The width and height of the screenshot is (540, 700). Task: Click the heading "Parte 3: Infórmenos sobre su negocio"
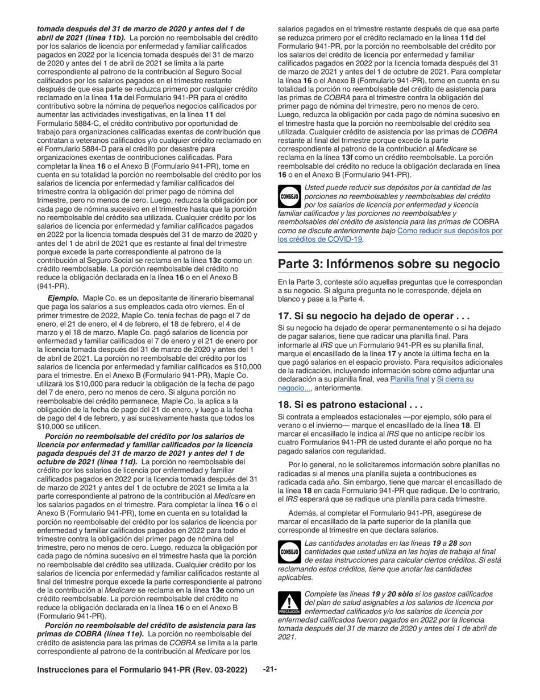[388, 264]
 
